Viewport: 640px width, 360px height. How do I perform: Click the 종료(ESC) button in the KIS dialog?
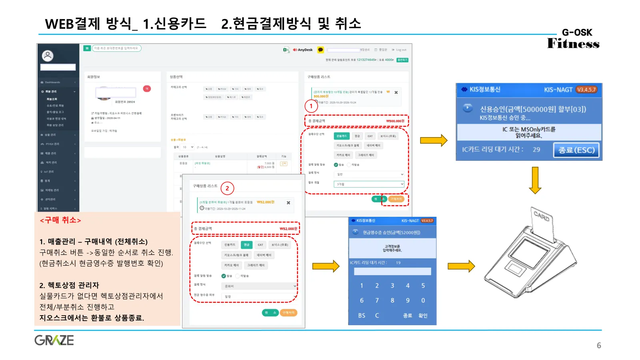click(576, 150)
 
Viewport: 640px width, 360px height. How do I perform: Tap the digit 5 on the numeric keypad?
click(423, 286)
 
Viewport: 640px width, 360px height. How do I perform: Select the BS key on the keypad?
click(362, 316)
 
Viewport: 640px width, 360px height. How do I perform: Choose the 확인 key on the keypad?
click(423, 316)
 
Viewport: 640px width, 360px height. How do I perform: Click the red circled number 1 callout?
click(311, 106)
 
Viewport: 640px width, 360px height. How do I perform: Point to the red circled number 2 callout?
click(227, 188)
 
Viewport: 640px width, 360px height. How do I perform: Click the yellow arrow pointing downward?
click(535, 180)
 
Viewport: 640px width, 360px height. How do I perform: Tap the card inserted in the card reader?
click(542, 218)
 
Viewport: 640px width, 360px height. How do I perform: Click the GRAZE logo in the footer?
click(54, 340)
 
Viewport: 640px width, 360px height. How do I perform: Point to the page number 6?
click(599, 346)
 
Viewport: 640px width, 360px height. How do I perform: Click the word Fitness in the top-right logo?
click(573, 44)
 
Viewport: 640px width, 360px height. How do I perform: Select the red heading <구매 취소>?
click(60, 220)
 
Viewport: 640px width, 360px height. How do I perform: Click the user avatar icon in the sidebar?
click(48, 56)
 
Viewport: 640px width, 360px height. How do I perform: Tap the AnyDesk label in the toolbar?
click(305, 50)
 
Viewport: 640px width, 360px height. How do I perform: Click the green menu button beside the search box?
click(87, 48)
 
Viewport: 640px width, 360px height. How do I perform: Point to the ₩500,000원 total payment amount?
click(395, 121)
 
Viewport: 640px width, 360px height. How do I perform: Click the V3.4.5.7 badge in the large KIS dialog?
click(586, 90)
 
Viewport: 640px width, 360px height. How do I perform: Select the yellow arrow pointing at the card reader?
click(461, 266)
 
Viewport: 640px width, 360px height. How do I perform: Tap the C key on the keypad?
click(377, 316)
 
